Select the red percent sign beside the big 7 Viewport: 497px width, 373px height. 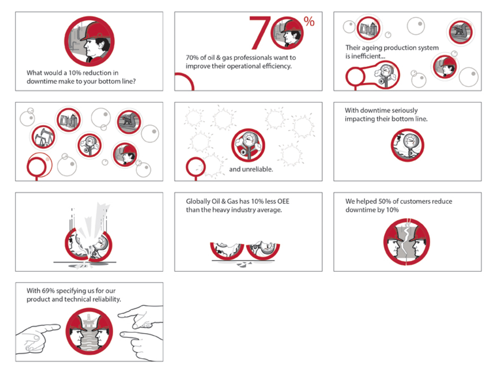[309, 21]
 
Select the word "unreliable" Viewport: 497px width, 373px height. [257, 169]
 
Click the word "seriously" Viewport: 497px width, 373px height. [404, 110]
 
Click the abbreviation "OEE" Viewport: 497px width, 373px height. [283, 201]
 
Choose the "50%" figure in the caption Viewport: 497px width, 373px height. [384, 201]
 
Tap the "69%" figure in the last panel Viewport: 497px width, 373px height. [48, 291]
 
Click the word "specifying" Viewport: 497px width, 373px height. [71, 291]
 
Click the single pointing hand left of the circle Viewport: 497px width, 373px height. [37, 338]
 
